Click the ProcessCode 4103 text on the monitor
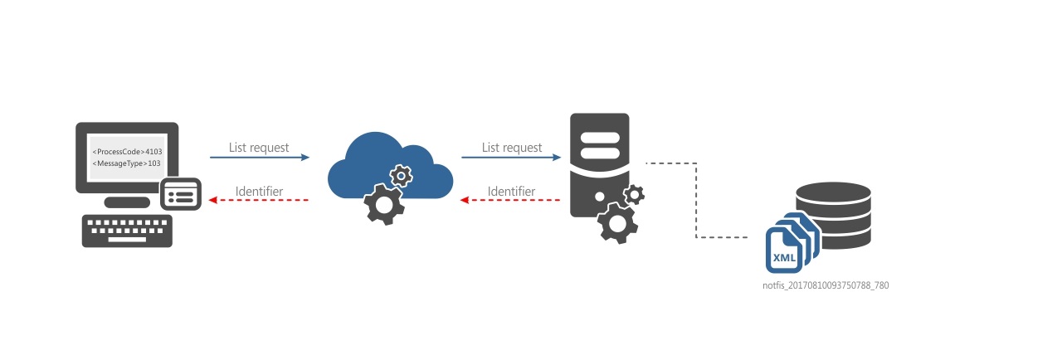click(x=127, y=152)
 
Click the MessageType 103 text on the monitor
click(x=127, y=163)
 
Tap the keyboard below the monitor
click(x=127, y=231)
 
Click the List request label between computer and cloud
click(x=259, y=148)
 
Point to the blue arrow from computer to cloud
click(x=259, y=157)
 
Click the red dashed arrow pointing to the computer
click(x=259, y=200)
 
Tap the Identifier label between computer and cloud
click(x=259, y=192)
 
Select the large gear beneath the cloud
click(x=384, y=206)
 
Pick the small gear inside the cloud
click(x=401, y=175)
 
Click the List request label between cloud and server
click(x=512, y=148)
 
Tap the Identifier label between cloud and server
click(x=511, y=192)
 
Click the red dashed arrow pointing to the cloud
click(x=511, y=200)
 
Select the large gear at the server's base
click(x=618, y=222)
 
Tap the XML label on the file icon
click(x=784, y=258)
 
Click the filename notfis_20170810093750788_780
click(x=826, y=285)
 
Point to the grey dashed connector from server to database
click(x=694, y=199)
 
